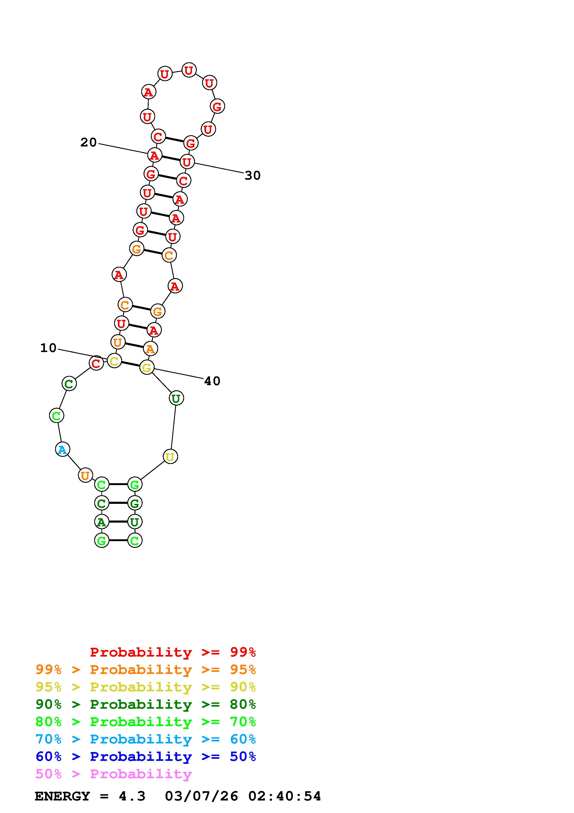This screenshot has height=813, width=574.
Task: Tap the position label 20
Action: click(88, 142)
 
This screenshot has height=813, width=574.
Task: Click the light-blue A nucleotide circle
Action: click(63, 450)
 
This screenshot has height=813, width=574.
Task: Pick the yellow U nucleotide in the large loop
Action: click(170, 457)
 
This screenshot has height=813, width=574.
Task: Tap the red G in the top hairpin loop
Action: click(217, 106)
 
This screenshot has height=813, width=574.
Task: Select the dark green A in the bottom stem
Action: click(101, 522)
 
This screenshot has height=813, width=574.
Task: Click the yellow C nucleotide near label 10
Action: click(114, 361)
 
